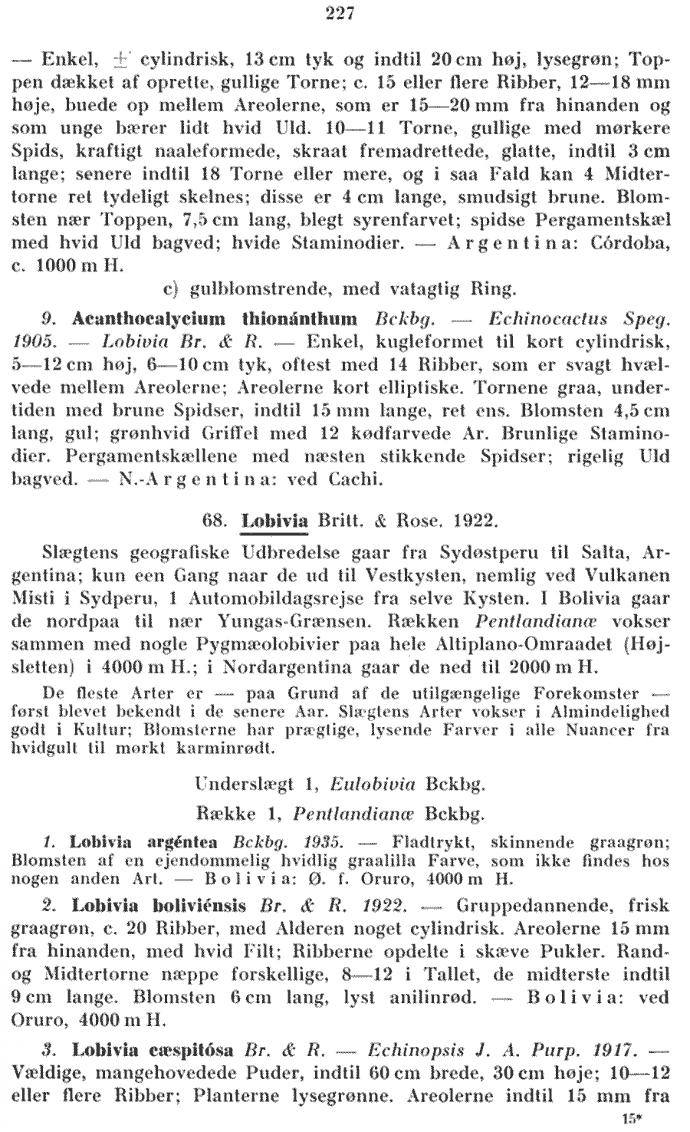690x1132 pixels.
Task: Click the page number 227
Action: [x=338, y=14]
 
